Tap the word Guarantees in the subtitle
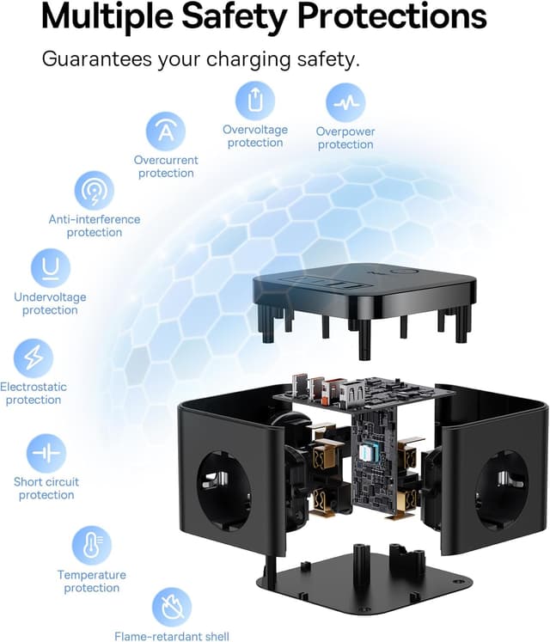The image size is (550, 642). click(97, 59)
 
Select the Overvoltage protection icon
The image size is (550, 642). click(254, 101)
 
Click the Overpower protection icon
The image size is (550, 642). click(345, 103)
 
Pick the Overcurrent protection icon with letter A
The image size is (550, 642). click(166, 131)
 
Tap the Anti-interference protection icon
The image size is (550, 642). click(95, 191)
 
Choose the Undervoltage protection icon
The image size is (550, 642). click(51, 268)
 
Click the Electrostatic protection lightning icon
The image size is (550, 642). click(34, 358)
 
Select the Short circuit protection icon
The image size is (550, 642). click(46, 453)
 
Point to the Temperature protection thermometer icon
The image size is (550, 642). click(92, 546)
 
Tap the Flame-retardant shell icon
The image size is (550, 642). click(172, 608)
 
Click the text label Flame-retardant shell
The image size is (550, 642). click(172, 636)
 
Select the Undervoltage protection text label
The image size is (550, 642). click(50, 303)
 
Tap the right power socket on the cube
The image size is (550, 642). click(502, 488)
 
